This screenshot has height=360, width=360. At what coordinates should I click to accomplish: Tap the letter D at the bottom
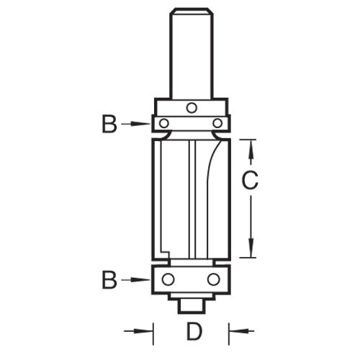coord(192,333)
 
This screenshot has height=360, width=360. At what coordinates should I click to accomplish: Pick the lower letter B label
coord(109,279)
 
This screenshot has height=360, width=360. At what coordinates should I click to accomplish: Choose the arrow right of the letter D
coord(241,332)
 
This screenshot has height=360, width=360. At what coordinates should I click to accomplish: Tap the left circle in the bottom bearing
coord(168,279)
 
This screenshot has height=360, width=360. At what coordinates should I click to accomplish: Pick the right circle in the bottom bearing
coord(214,279)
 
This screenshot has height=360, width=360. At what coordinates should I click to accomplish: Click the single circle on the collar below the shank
coord(191,108)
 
